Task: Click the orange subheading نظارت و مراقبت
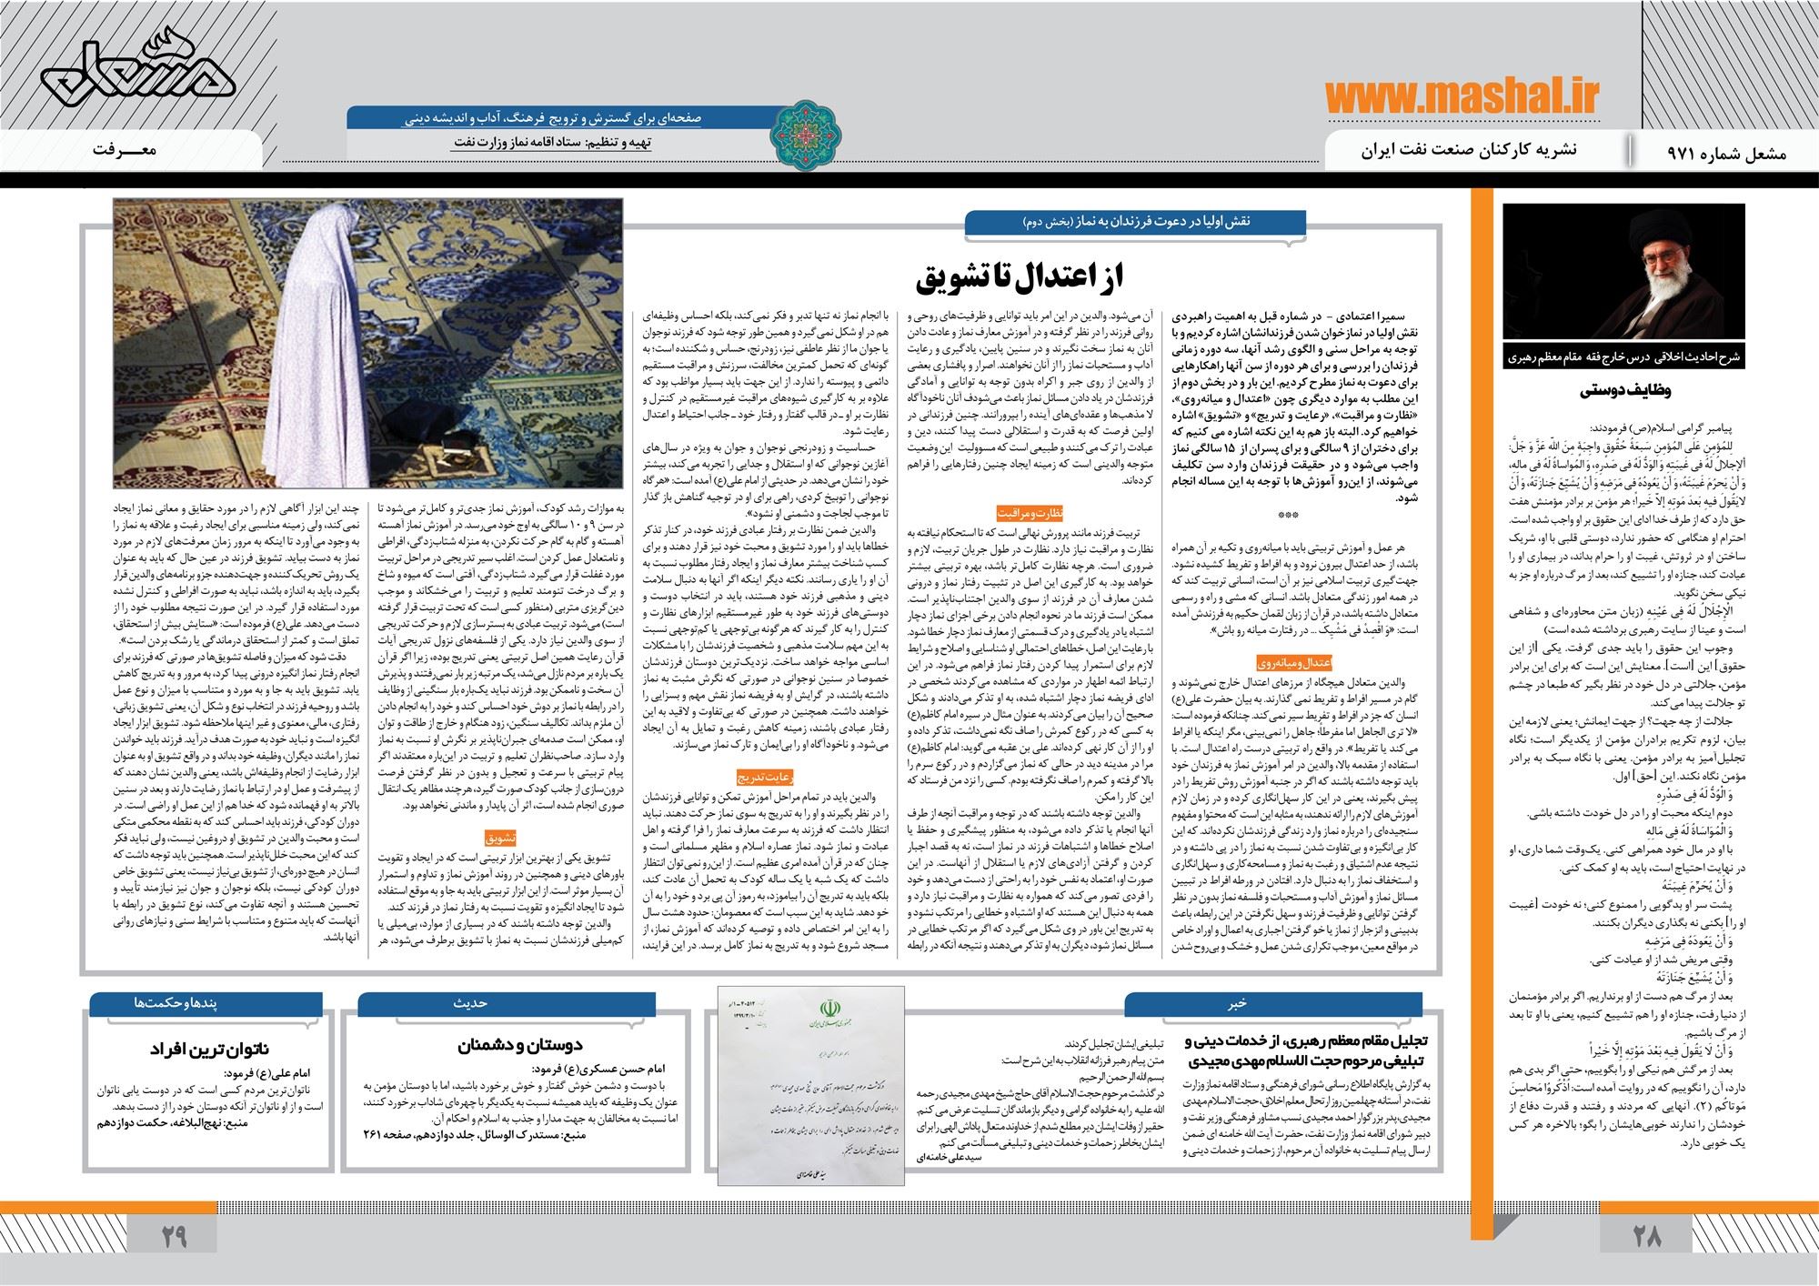click(1022, 512)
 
